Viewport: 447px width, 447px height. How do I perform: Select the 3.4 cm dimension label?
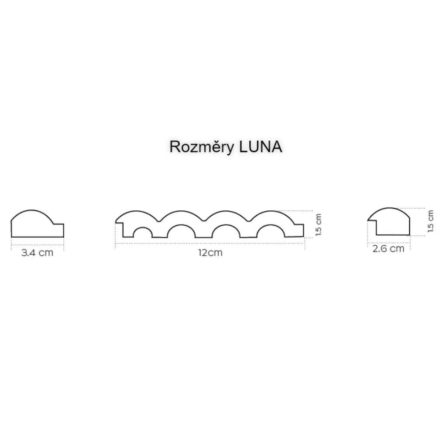(x=37, y=252)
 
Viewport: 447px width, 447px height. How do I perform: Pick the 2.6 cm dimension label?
(x=389, y=249)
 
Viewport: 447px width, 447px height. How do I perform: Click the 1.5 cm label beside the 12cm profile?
(x=318, y=224)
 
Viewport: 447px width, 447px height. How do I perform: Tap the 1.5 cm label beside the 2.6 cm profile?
(x=431, y=221)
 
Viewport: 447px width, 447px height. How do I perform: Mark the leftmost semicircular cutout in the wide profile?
(x=143, y=234)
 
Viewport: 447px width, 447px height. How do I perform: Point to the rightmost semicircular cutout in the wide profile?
(x=271, y=232)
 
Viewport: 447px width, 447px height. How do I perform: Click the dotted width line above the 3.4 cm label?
(x=38, y=244)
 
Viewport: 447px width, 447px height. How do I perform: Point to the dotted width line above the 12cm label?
(x=210, y=244)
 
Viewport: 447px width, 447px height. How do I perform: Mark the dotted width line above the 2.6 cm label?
(x=389, y=241)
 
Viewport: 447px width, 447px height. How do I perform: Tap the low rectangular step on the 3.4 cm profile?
(x=58, y=230)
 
